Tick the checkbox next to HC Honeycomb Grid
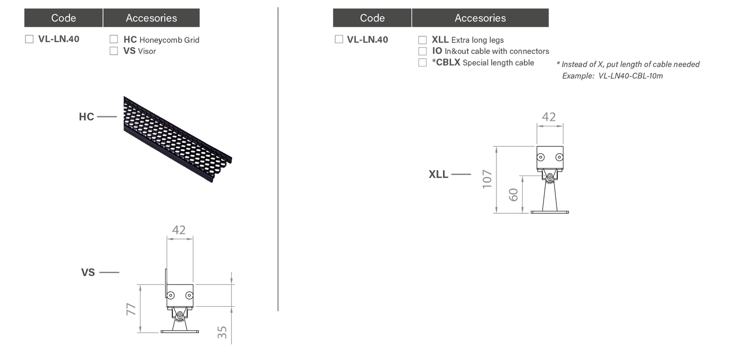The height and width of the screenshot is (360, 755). click(113, 39)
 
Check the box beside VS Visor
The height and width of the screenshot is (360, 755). click(113, 50)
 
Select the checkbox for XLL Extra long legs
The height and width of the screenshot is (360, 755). click(422, 40)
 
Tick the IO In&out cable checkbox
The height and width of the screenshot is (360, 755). click(422, 51)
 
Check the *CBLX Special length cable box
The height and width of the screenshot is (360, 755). click(422, 62)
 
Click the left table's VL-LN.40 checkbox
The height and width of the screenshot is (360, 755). click(29, 39)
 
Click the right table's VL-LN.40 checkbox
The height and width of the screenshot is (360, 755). click(339, 40)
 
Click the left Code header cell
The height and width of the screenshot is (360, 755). click(63, 18)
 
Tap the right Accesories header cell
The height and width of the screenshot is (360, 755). click(480, 18)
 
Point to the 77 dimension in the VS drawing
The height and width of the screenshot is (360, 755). click(132, 309)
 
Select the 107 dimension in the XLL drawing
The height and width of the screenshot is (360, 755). click(487, 179)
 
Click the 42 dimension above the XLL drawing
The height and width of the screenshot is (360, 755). click(548, 117)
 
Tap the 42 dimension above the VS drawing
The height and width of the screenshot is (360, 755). click(179, 230)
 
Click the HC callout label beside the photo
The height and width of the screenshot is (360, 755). click(86, 117)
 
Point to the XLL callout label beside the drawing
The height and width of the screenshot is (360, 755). click(438, 174)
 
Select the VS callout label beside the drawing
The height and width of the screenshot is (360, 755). click(88, 272)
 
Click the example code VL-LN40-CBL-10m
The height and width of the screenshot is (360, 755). click(630, 76)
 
